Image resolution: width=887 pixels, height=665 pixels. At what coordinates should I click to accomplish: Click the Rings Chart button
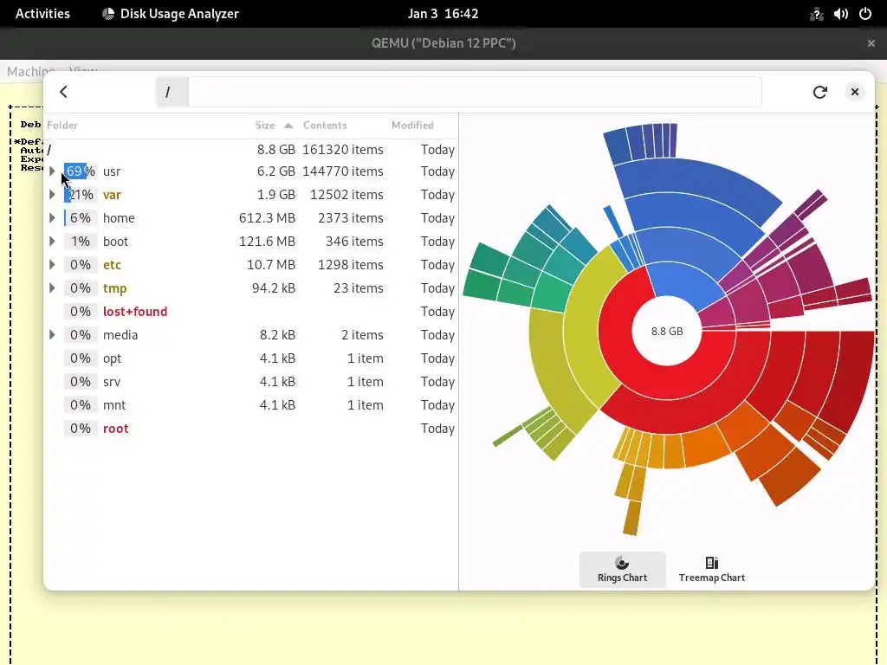coord(622,570)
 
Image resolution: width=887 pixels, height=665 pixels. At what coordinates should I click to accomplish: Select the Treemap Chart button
coord(711,570)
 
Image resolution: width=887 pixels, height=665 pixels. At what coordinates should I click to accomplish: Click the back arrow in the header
coord(63,92)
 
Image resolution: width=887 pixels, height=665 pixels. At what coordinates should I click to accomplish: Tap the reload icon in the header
coord(819,92)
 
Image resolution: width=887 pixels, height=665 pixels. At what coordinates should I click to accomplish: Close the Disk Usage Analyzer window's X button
coord(854,92)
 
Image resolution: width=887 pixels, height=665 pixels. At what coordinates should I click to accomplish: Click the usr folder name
coord(112,171)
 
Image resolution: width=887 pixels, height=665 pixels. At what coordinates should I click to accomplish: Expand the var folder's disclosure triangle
coord(52,195)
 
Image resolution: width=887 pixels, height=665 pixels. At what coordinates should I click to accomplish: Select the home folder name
coord(119,218)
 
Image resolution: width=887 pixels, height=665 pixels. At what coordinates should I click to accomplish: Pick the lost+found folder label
coord(135,312)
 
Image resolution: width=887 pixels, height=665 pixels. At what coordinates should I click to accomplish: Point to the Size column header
coord(265,126)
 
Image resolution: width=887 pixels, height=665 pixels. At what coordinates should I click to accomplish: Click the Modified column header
coord(412,126)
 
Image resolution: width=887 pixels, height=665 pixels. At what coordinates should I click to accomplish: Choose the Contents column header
coord(325,126)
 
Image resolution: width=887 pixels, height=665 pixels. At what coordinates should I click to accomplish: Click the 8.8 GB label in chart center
coord(667,331)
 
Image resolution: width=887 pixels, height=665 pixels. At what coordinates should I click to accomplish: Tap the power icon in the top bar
coord(865,14)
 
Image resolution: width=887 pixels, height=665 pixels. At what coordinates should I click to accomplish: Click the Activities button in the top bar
coord(42,14)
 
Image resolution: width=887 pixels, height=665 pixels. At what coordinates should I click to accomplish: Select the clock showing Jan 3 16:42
coord(443,14)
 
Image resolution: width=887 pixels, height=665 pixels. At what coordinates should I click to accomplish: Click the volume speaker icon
coord(840,14)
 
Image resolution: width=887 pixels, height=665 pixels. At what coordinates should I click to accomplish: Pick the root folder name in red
coord(115,429)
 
